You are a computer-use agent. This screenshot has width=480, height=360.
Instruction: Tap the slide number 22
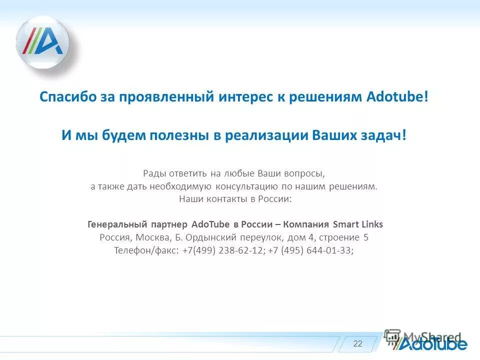[357, 343]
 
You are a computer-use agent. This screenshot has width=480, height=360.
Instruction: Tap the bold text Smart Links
[358, 224]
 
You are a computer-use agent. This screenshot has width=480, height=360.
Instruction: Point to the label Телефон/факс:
[145, 250]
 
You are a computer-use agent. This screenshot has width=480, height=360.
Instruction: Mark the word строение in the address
[340, 237]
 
